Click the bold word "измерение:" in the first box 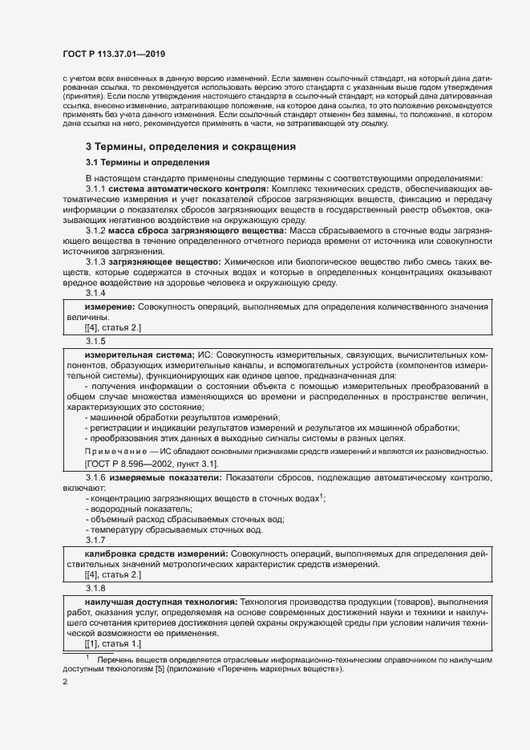point(110,307)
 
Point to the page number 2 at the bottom point(65,683)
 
